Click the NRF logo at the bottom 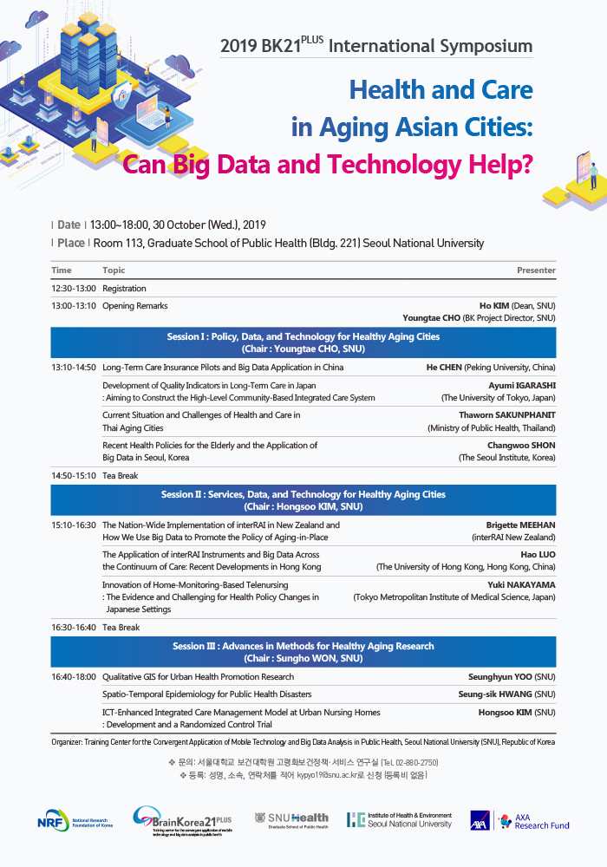[x=75, y=820]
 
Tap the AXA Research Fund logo [x=519, y=820]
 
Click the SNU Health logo [x=291, y=819]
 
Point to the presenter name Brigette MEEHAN [x=521, y=525]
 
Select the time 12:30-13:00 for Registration [x=74, y=288]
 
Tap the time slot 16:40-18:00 [x=74, y=676]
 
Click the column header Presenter [x=536, y=271]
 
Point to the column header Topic [x=114, y=271]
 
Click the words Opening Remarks [x=134, y=306]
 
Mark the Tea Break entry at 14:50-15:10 [x=120, y=475]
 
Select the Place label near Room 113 [x=71, y=243]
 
